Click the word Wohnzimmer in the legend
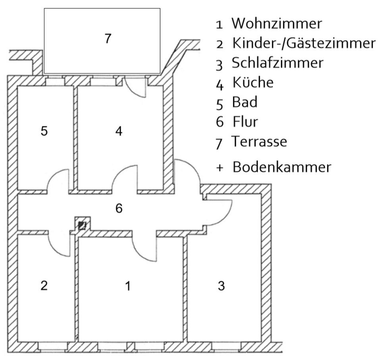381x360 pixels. [x=277, y=23]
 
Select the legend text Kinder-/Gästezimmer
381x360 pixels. [x=304, y=43]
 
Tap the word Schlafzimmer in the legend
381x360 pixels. [x=277, y=63]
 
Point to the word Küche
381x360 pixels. [x=253, y=82]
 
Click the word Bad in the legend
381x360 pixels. [x=245, y=102]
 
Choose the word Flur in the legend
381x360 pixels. [x=245, y=122]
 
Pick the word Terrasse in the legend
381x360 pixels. [x=259, y=141]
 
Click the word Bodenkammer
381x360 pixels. [x=282, y=167]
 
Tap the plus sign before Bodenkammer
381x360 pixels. [x=219, y=168]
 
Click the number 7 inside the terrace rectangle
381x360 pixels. [x=108, y=39]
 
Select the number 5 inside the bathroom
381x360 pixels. [x=44, y=131]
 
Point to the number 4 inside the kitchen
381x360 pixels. [x=119, y=131]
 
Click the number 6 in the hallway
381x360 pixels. [x=119, y=209]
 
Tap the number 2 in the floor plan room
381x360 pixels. [x=44, y=285]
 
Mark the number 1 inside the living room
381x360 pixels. [x=128, y=286]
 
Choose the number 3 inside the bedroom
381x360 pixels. [x=221, y=286]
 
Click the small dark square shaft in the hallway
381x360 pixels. [x=82, y=225]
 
